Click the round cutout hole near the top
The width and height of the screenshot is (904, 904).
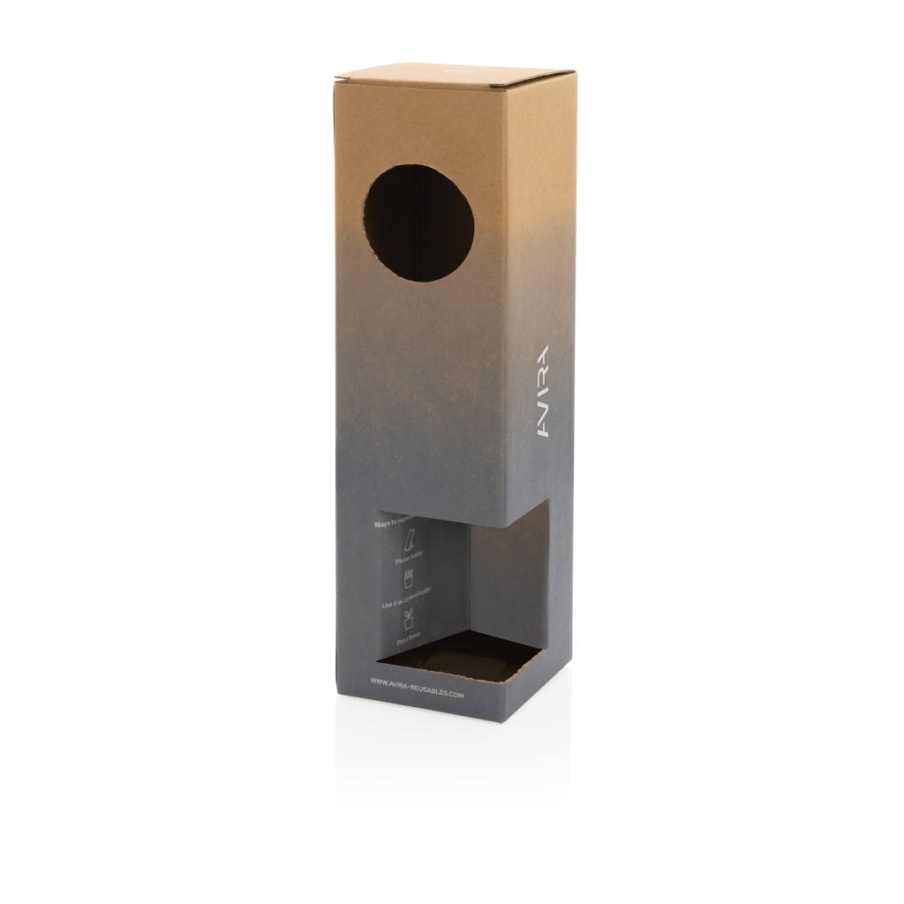pyautogui.click(x=421, y=223)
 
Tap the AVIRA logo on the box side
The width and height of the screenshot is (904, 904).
pyautogui.click(x=543, y=391)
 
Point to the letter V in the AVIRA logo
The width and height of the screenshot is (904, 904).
pyautogui.click(x=543, y=411)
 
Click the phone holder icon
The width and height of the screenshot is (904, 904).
pyautogui.click(x=409, y=539)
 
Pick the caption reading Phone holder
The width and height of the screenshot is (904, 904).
pyautogui.click(x=409, y=558)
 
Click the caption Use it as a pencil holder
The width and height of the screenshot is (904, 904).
pyautogui.click(x=406, y=600)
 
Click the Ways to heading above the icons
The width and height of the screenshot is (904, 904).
pyautogui.click(x=389, y=524)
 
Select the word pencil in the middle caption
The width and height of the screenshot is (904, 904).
pyautogui.click(x=411, y=598)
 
